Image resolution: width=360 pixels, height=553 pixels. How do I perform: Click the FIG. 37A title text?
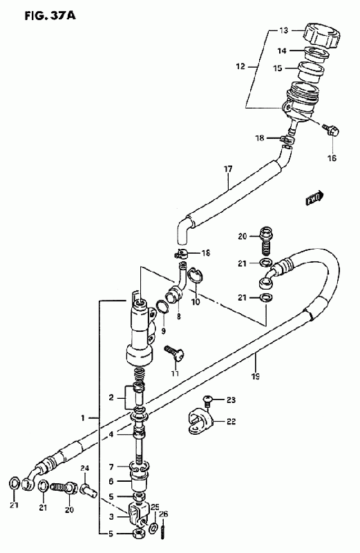coord(50,16)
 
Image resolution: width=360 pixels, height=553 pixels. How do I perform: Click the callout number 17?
coord(228,169)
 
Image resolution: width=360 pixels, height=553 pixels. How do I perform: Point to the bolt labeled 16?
coord(332,131)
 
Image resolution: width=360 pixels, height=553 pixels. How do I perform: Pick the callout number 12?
coord(240,66)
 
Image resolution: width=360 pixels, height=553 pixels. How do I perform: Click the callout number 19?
coord(256,376)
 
